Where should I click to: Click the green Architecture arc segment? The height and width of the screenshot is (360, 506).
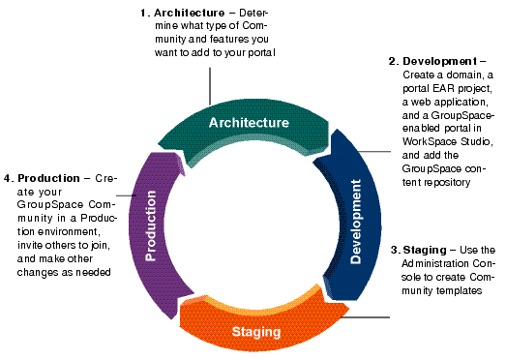(x=248, y=123)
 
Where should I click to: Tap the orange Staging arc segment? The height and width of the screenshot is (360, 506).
(x=256, y=330)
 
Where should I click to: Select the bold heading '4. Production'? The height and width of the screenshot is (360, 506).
(x=46, y=178)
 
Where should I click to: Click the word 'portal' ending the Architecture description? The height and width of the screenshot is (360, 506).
(x=259, y=52)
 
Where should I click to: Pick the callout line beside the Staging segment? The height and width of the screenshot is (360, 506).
(x=368, y=316)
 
